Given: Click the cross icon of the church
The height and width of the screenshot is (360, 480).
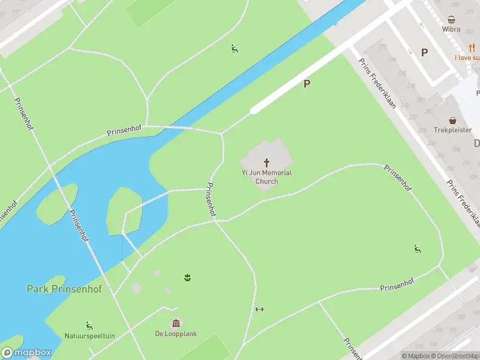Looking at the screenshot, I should [x=266, y=163].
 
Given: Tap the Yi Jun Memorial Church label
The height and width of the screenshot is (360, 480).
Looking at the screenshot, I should [x=266, y=177].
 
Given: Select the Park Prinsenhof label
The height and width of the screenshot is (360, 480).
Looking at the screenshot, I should [x=64, y=289].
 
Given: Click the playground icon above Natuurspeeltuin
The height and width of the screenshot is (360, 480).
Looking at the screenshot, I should [x=89, y=325].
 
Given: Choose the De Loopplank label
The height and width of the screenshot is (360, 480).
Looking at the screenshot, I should [x=176, y=334].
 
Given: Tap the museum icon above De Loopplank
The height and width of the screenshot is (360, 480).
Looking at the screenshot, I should [x=176, y=323].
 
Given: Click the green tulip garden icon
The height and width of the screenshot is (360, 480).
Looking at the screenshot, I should [x=187, y=277].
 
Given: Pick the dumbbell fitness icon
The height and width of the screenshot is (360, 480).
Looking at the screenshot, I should [x=259, y=310].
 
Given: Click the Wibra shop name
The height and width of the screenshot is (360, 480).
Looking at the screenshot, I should [x=451, y=29].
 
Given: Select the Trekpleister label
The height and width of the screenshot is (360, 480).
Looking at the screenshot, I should [x=453, y=130].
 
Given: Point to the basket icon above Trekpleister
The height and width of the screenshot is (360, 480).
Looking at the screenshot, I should [x=453, y=120].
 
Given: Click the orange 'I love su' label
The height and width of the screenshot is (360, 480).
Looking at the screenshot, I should [x=467, y=58].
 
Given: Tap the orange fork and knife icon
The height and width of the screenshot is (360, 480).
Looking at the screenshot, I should [x=472, y=47].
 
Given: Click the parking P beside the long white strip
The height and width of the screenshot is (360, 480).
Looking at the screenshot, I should [x=307, y=84].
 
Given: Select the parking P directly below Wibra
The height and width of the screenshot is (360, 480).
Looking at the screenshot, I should [x=424, y=52].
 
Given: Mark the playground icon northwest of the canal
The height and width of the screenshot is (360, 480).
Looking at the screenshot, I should [x=235, y=49].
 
